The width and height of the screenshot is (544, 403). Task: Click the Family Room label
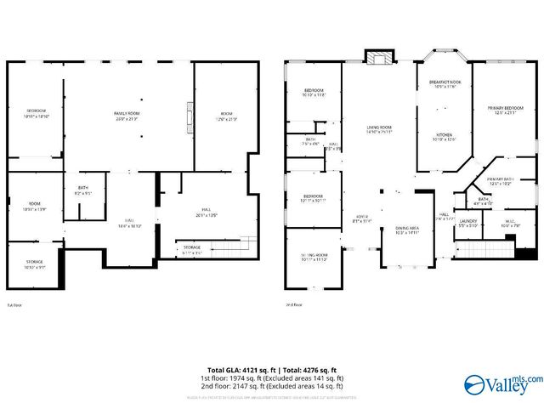tap(127, 115)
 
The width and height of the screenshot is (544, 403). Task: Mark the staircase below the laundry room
tap(485, 249)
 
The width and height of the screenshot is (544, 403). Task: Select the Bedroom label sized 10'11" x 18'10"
tap(36, 113)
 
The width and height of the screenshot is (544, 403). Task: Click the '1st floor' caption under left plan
tap(14, 304)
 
